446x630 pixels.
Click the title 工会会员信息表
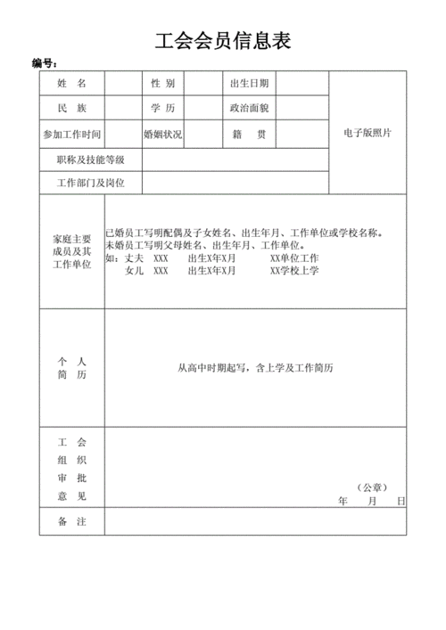[x=223, y=41]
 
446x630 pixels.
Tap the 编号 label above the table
[x=45, y=64]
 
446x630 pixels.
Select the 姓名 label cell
[x=71, y=84]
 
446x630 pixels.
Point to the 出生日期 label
[x=249, y=84]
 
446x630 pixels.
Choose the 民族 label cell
[x=71, y=109]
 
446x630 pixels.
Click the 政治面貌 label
[x=249, y=109]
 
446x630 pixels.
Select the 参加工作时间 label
[x=71, y=135]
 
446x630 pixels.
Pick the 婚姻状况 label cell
[x=162, y=135]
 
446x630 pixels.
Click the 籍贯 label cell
[x=249, y=135]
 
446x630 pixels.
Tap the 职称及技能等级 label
[x=90, y=160]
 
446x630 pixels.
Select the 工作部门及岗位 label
[x=90, y=184]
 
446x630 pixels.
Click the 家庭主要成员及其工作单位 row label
[x=71, y=252]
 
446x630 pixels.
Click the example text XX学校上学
[x=294, y=271]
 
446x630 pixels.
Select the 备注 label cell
[x=71, y=521]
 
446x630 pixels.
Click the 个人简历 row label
[x=71, y=368]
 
